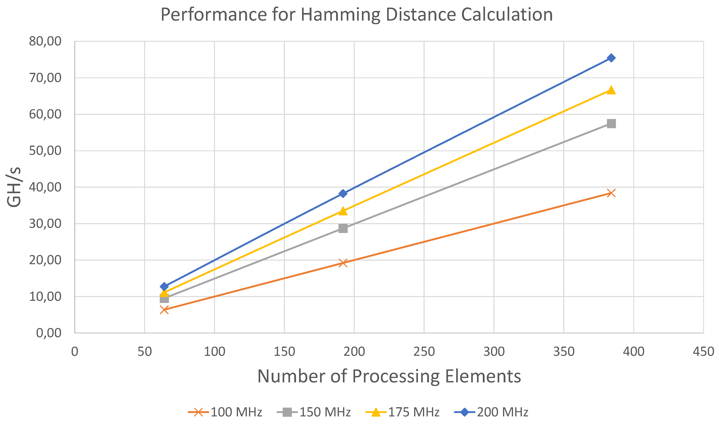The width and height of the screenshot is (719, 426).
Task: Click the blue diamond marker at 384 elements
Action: pyautogui.click(x=611, y=58)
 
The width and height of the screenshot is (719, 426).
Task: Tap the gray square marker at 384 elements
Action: pyautogui.click(x=611, y=124)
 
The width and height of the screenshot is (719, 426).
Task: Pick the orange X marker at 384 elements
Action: pyautogui.click(x=611, y=193)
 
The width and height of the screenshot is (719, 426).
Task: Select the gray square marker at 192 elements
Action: pyautogui.click(x=343, y=229)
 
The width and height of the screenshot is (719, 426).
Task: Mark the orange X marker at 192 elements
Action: pyautogui.click(x=343, y=263)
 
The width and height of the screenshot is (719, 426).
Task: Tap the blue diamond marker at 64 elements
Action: pyautogui.click(x=164, y=286)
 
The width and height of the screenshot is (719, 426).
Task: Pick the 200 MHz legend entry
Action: pyautogui.click(x=491, y=412)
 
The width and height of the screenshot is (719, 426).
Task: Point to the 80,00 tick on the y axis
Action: pyautogui.click(x=45, y=41)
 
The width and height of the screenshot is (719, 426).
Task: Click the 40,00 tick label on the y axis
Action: pyautogui.click(x=45, y=187)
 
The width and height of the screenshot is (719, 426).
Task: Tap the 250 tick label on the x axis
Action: pyautogui.click(x=424, y=352)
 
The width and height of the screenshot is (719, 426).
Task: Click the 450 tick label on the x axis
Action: pyautogui.click(x=703, y=352)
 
